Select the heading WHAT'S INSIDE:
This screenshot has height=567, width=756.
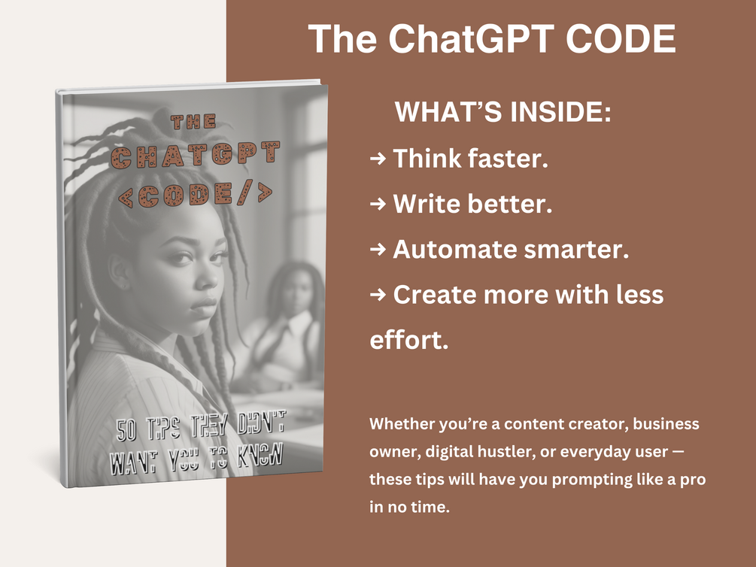click(x=502, y=114)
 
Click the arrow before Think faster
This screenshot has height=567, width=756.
click(x=378, y=158)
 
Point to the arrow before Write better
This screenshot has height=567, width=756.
click(x=378, y=204)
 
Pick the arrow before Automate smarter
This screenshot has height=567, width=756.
click(x=378, y=250)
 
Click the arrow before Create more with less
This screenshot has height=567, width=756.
click(x=378, y=295)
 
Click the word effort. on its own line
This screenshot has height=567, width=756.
click(x=409, y=340)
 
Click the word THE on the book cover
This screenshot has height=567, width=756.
click(x=193, y=121)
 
